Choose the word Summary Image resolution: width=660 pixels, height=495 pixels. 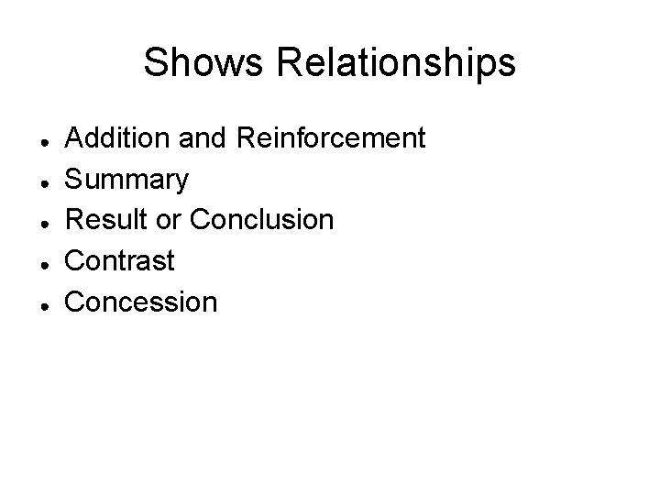click(x=127, y=180)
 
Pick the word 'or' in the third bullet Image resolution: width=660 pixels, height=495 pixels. click(x=174, y=220)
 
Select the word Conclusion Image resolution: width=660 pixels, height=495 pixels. click(x=261, y=220)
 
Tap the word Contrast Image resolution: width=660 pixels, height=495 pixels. click(x=119, y=260)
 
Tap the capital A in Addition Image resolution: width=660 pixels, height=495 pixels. click(x=75, y=138)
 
